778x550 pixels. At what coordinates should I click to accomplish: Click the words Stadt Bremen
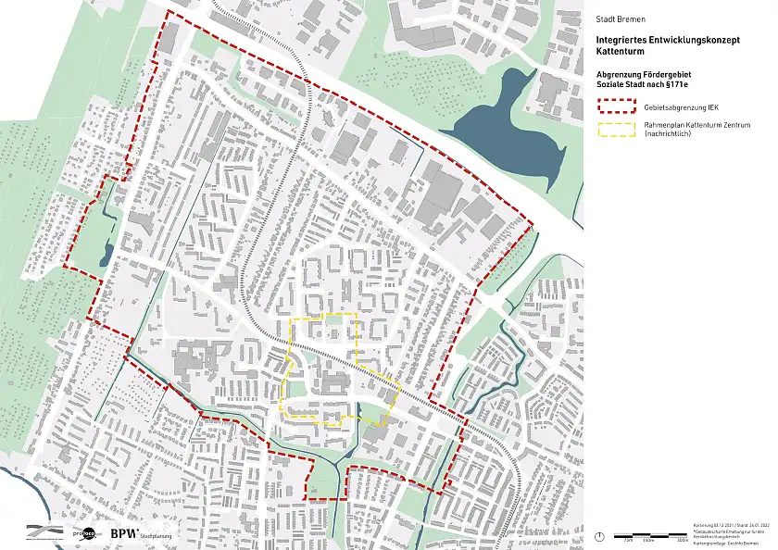(x=621, y=19)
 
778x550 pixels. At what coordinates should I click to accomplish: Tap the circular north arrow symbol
(x=600, y=536)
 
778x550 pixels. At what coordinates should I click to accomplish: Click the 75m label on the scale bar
(x=628, y=539)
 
